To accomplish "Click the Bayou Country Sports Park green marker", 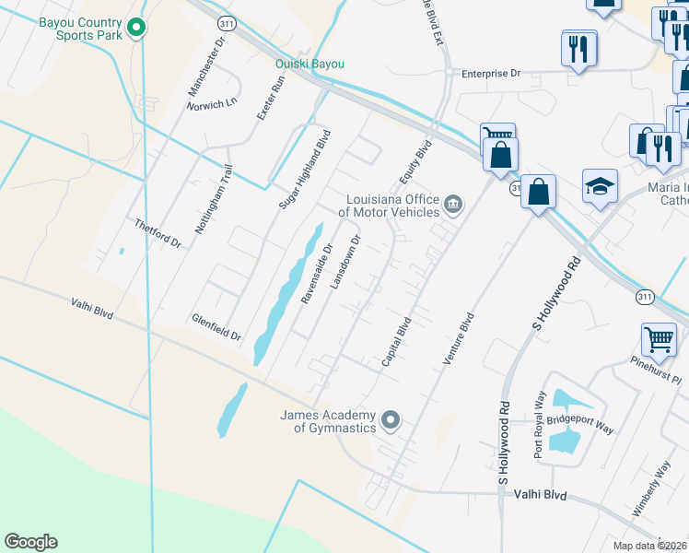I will pos(136,28).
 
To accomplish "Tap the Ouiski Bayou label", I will pos(309,64).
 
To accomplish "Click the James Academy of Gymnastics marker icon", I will pos(391,421).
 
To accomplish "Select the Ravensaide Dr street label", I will pos(316,273).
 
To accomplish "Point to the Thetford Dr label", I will pos(158,233).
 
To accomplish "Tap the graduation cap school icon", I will pos(600,187).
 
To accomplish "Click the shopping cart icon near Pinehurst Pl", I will pos(660,340).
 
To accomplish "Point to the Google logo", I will pos(30,542).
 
